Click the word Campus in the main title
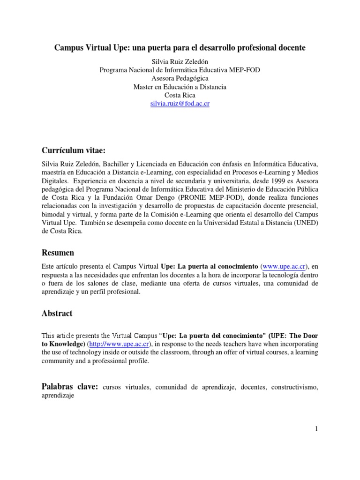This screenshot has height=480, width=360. pos(69,48)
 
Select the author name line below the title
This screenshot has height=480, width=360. pos(180,61)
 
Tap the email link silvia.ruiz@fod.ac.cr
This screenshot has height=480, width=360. pos(180,104)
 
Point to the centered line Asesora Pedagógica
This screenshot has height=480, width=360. pos(180,78)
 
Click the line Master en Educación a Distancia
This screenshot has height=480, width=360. pos(180,87)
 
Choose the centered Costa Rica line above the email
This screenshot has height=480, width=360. pos(180,95)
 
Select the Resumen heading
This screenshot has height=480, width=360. pos(58,253)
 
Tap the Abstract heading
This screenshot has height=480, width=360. pos(57,313)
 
